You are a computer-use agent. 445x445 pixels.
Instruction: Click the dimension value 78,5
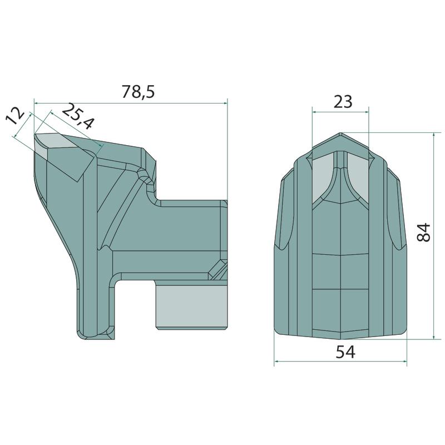[x=138, y=92]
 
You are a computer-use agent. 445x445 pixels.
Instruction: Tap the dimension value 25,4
[x=77, y=116]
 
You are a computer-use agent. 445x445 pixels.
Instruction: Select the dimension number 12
[x=16, y=116]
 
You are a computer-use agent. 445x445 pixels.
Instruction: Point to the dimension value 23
[x=343, y=101]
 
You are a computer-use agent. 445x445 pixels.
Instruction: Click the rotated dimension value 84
[x=424, y=233]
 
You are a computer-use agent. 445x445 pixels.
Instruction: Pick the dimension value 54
[x=345, y=352]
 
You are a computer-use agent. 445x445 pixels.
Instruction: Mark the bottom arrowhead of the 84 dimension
[x=434, y=337]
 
